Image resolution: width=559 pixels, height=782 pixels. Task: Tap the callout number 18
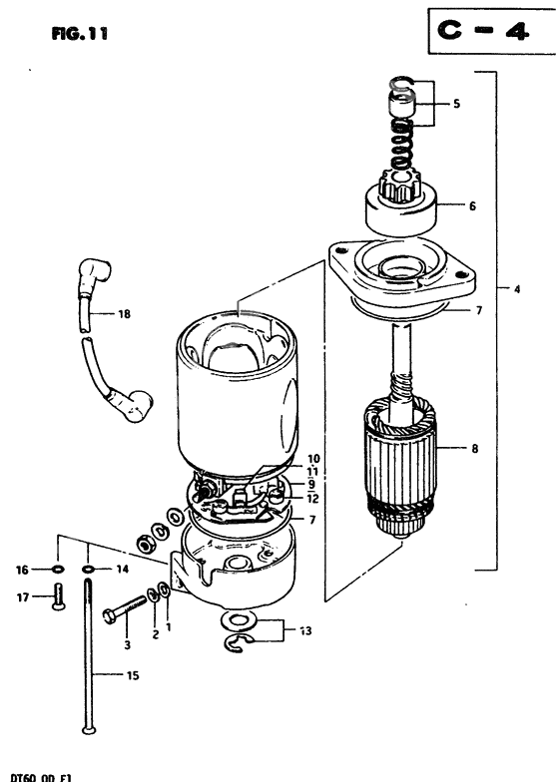pyautogui.click(x=124, y=314)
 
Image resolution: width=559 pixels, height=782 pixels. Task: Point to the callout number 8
pyautogui.click(x=475, y=450)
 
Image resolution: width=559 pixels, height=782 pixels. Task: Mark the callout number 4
pyautogui.click(x=517, y=290)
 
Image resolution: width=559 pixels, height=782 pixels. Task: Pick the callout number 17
pyautogui.click(x=21, y=598)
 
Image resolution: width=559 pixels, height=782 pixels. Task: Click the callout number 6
pyautogui.click(x=472, y=206)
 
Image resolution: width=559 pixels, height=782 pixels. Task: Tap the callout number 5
pyautogui.click(x=456, y=103)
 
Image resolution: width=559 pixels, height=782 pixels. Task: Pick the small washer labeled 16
pyautogui.click(x=58, y=570)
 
